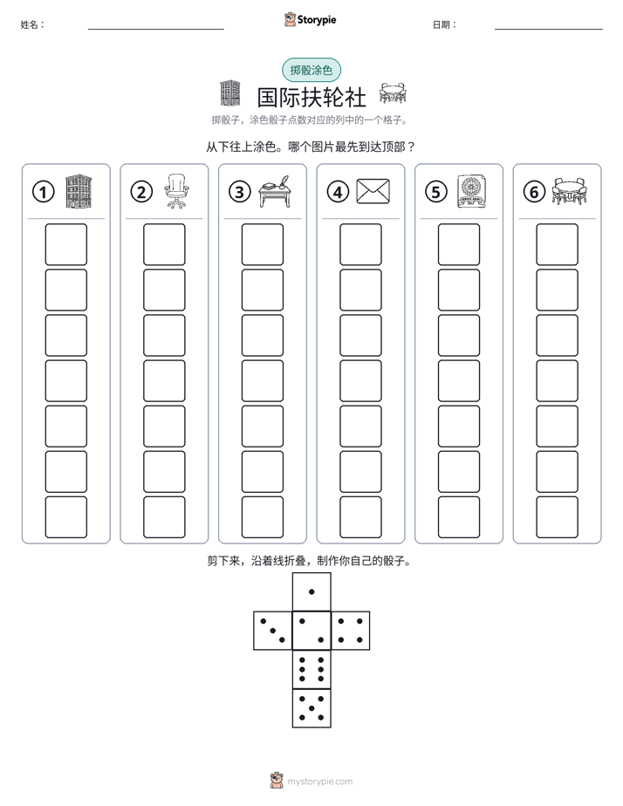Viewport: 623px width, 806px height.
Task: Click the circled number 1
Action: tap(43, 192)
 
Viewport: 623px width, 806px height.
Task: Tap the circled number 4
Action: tap(338, 192)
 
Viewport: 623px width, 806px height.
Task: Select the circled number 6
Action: tap(534, 192)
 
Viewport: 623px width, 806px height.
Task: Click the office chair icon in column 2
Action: tap(176, 191)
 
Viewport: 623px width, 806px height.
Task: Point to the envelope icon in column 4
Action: tap(373, 191)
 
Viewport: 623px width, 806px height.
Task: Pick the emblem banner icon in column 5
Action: tap(471, 191)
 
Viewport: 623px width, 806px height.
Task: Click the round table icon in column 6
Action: tap(570, 191)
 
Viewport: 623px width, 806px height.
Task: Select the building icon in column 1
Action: tap(79, 191)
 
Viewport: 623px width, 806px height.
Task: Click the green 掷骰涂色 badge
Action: tap(311, 70)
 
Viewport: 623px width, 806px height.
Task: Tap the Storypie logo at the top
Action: tap(311, 19)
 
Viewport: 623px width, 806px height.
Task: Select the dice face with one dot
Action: tap(311, 592)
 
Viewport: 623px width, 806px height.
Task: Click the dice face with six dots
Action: tap(311, 669)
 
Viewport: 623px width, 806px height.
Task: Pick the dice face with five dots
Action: tap(311, 708)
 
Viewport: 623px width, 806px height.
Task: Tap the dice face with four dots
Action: tap(351, 631)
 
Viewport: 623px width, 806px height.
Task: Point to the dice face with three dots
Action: tap(273, 631)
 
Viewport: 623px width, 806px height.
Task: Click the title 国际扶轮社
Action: tap(311, 98)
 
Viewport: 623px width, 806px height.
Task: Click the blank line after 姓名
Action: tap(155, 29)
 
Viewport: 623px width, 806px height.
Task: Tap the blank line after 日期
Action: tap(549, 29)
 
